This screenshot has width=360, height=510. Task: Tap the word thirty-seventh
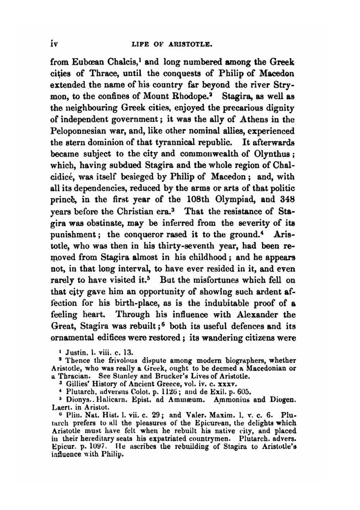(189, 246)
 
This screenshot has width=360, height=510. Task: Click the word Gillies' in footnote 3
(77, 384)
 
